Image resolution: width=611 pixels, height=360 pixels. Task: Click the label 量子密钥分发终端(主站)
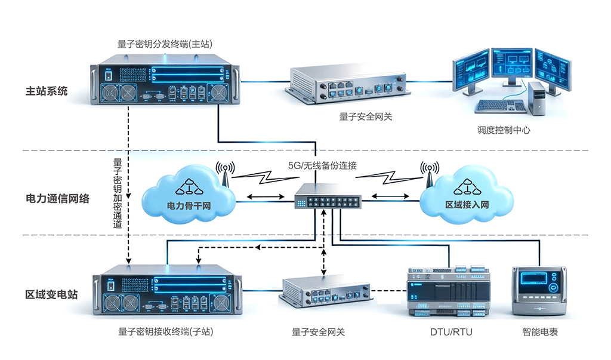tap(165, 44)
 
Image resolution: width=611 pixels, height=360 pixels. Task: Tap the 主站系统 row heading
tap(47, 91)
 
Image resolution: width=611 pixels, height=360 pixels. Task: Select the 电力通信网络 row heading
tap(57, 198)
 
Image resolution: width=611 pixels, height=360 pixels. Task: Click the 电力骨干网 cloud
tap(188, 197)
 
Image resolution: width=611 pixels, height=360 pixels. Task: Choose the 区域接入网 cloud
tap(467, 197)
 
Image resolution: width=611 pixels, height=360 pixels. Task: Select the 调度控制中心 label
tap(504, 130)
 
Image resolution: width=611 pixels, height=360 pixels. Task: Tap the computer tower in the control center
tap(536, 98)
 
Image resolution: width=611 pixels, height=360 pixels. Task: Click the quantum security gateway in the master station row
tap(347, 85)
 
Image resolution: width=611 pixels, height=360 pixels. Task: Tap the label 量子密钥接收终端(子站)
tap(165, 332)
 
